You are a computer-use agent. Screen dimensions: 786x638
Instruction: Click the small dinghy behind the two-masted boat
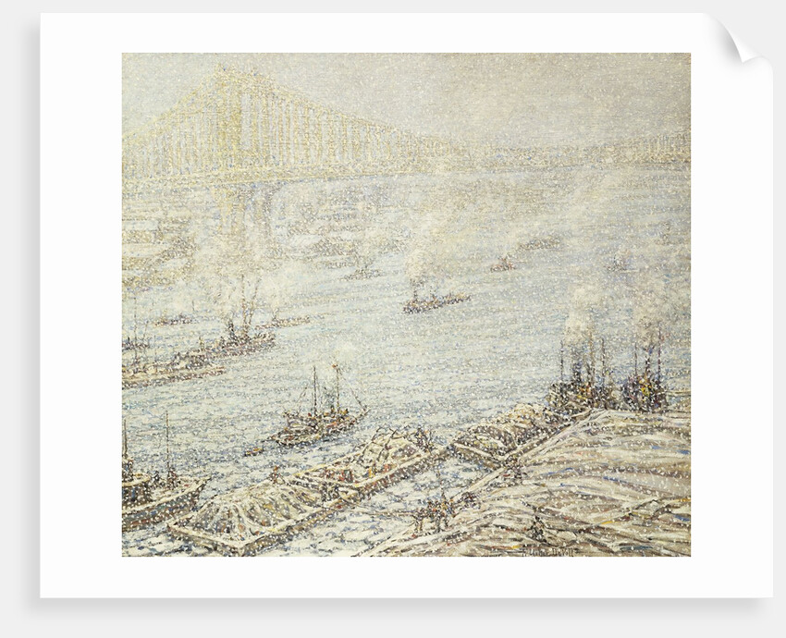point(253,450)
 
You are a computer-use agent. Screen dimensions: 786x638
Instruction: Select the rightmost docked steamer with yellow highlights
point(647,384)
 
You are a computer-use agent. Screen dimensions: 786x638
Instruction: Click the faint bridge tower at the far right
point(661,143)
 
